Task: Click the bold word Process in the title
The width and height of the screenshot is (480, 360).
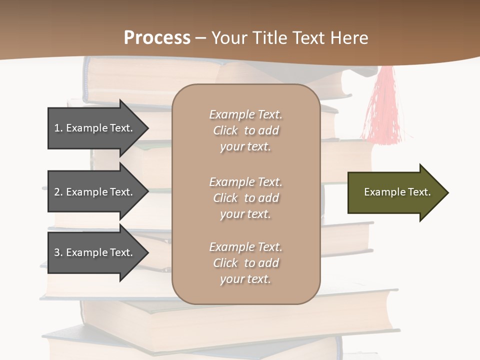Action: [157, 38]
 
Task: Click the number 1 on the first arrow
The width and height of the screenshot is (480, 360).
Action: [57, 128]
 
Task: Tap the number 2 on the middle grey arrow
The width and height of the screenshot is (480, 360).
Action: [57, 192]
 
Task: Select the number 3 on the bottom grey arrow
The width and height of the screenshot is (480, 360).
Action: [57, 252]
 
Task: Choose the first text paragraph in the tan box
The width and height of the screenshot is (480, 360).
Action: [245, 130]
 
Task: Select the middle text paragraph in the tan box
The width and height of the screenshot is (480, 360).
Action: [245, 198]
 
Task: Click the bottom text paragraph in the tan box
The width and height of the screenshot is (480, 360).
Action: [245, 263]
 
